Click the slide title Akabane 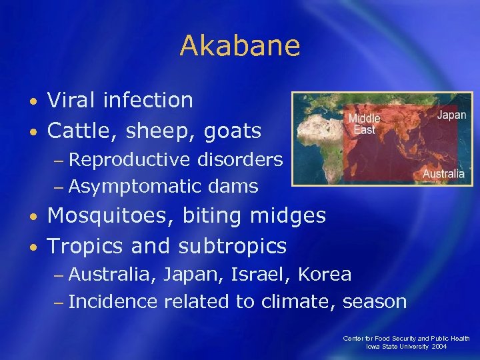[x=240, y=46]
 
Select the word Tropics [x=86, y=246]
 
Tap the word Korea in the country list [x=325, y=275]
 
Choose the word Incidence [x=113, y=302]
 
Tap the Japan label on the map [x=451, y=115]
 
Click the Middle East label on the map [x=364, y=124]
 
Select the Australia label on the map [x=443, y=174]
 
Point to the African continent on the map [x=321, y=143]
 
